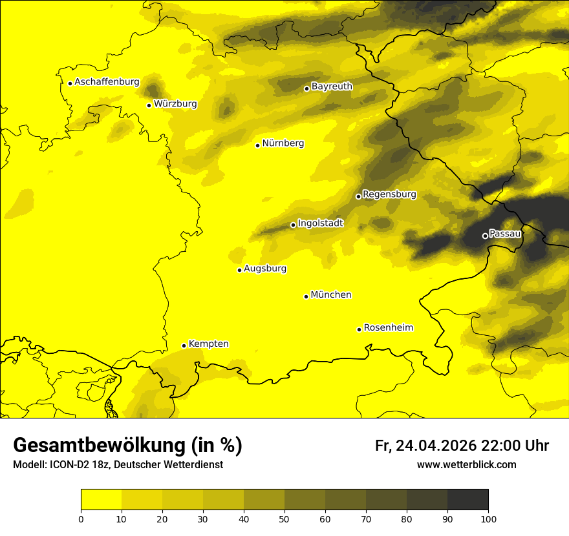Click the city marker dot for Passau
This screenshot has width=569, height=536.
click(485, 236)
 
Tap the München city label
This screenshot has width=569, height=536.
click(331, 295)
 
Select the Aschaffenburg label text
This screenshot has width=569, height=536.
click(107, 82)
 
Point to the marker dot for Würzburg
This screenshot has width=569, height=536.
click(149, 105)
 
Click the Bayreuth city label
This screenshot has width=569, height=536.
click(332, 86)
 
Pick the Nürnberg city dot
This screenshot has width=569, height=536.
click(257, 145)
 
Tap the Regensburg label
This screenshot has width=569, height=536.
click(389, 194)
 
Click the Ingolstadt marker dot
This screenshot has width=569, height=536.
click(293, 225)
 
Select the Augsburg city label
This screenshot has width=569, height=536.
click(265, 269)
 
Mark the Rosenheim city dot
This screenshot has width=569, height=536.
click(359, 329)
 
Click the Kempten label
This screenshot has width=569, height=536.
click(208, 344)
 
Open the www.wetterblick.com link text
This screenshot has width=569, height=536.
click(466, 465)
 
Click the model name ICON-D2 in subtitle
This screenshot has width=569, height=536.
click(68, 465)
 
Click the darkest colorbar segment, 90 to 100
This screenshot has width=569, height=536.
click(467, 500)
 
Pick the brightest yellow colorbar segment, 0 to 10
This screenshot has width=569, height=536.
click(101, 500)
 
